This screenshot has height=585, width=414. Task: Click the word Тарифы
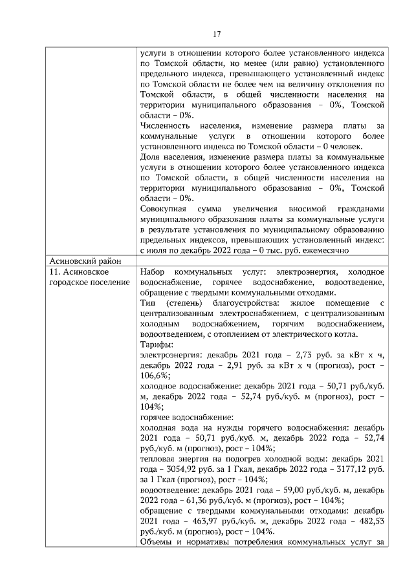click(155, 345)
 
